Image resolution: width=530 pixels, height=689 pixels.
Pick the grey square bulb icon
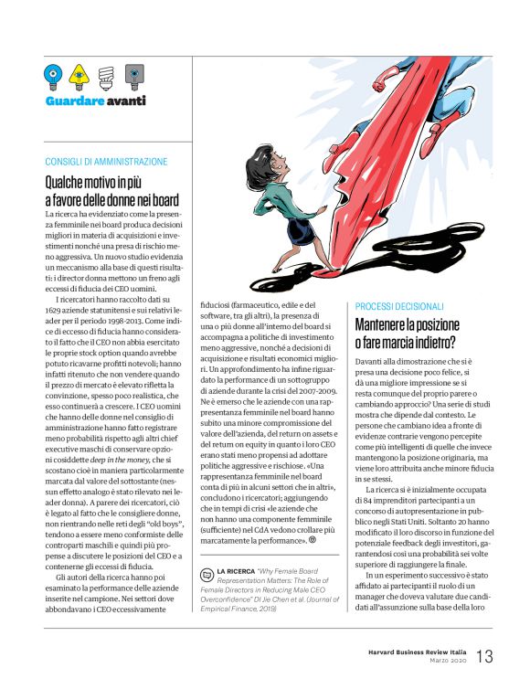[132, 75]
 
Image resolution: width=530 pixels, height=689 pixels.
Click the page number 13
[483, 655]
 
